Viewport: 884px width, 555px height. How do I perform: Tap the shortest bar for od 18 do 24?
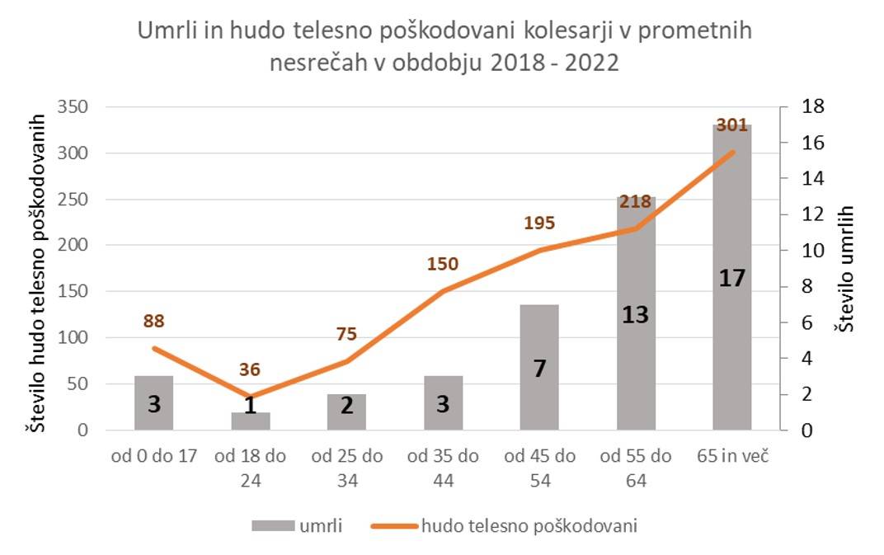click(x=251, y=421)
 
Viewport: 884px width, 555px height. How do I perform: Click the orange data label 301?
click(x=731, y=125)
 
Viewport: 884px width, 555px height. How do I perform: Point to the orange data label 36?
click(x=250, y=369)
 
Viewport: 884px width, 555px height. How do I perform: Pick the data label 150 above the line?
click(x=443, y=264)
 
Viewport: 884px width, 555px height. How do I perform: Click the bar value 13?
click(x=636, y=315)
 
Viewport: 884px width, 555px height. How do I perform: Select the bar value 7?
click(x=539, y=369)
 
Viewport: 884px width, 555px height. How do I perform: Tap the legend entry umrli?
click(x=297, y=525)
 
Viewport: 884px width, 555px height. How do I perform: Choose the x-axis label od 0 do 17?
click(x=154, y=457)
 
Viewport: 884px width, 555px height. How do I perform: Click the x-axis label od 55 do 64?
click(x=636, y=468)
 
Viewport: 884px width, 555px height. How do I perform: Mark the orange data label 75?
click(x=347, y=334)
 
